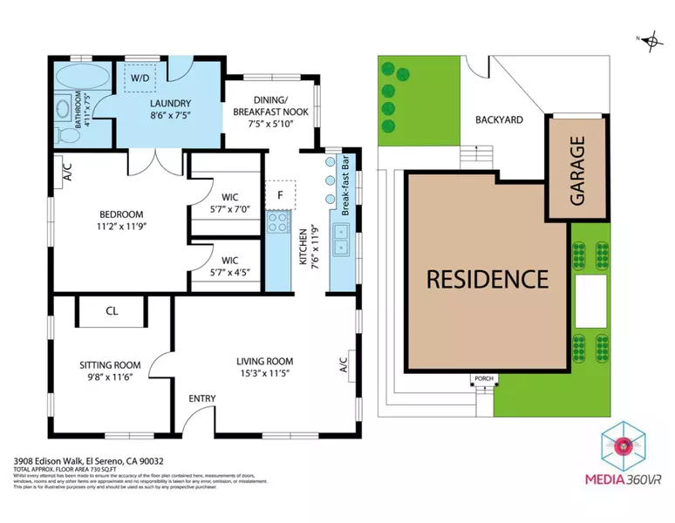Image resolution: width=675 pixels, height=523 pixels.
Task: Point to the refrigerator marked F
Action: point(280,195)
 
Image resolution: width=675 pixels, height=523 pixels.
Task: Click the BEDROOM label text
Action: point(121,214)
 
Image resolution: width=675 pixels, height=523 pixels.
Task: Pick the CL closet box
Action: point(112,309)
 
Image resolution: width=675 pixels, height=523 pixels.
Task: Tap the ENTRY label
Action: point(202,398)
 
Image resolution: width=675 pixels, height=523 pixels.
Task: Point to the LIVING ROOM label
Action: point(265,361)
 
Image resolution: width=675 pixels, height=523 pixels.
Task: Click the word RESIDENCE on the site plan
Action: point(487,279)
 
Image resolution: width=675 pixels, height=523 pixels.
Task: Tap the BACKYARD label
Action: point(499,119)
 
